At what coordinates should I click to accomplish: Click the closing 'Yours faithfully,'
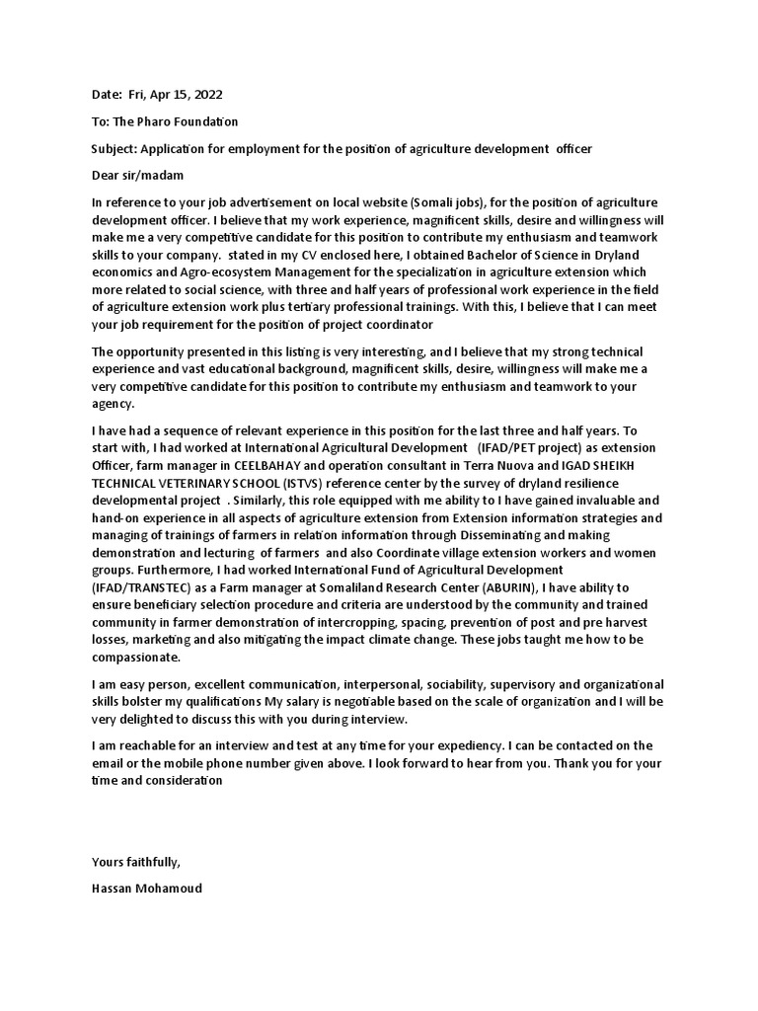coord(136,862)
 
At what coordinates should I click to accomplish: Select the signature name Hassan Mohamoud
coord(146,889)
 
